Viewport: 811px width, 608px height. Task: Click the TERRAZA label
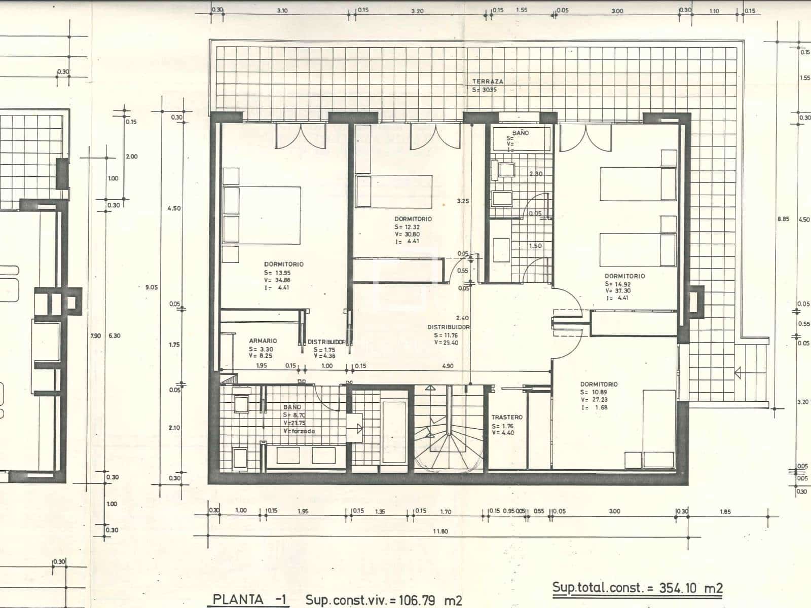488,81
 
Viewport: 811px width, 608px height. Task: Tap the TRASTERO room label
506,417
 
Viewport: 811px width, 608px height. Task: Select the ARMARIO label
263,341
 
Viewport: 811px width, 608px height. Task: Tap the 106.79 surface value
415,600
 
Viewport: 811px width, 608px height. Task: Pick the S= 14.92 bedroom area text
617,284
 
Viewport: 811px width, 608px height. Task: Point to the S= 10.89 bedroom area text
594,392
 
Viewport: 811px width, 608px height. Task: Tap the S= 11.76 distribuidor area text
446,335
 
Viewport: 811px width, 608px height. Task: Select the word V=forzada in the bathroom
299,431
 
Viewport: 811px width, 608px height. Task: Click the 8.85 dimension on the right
783,219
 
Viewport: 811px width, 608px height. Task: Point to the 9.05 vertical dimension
151,287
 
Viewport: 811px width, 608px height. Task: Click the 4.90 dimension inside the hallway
448,366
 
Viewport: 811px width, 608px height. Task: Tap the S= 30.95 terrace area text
485,90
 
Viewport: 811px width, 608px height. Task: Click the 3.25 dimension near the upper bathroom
463,201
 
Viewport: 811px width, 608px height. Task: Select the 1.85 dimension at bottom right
725,512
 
